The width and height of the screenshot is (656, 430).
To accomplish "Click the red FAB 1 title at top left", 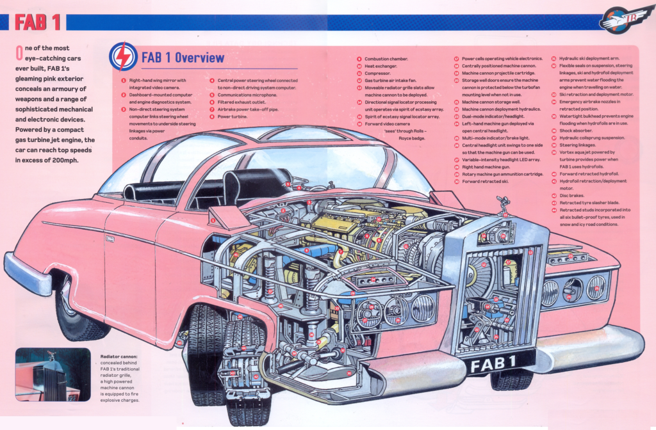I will tap(38, 22).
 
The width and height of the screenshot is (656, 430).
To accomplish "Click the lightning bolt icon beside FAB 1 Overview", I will tap(123, 56).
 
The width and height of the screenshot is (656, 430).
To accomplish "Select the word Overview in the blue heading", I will tap(199, 58).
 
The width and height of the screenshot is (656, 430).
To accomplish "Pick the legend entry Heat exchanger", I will tap(381, 66).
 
